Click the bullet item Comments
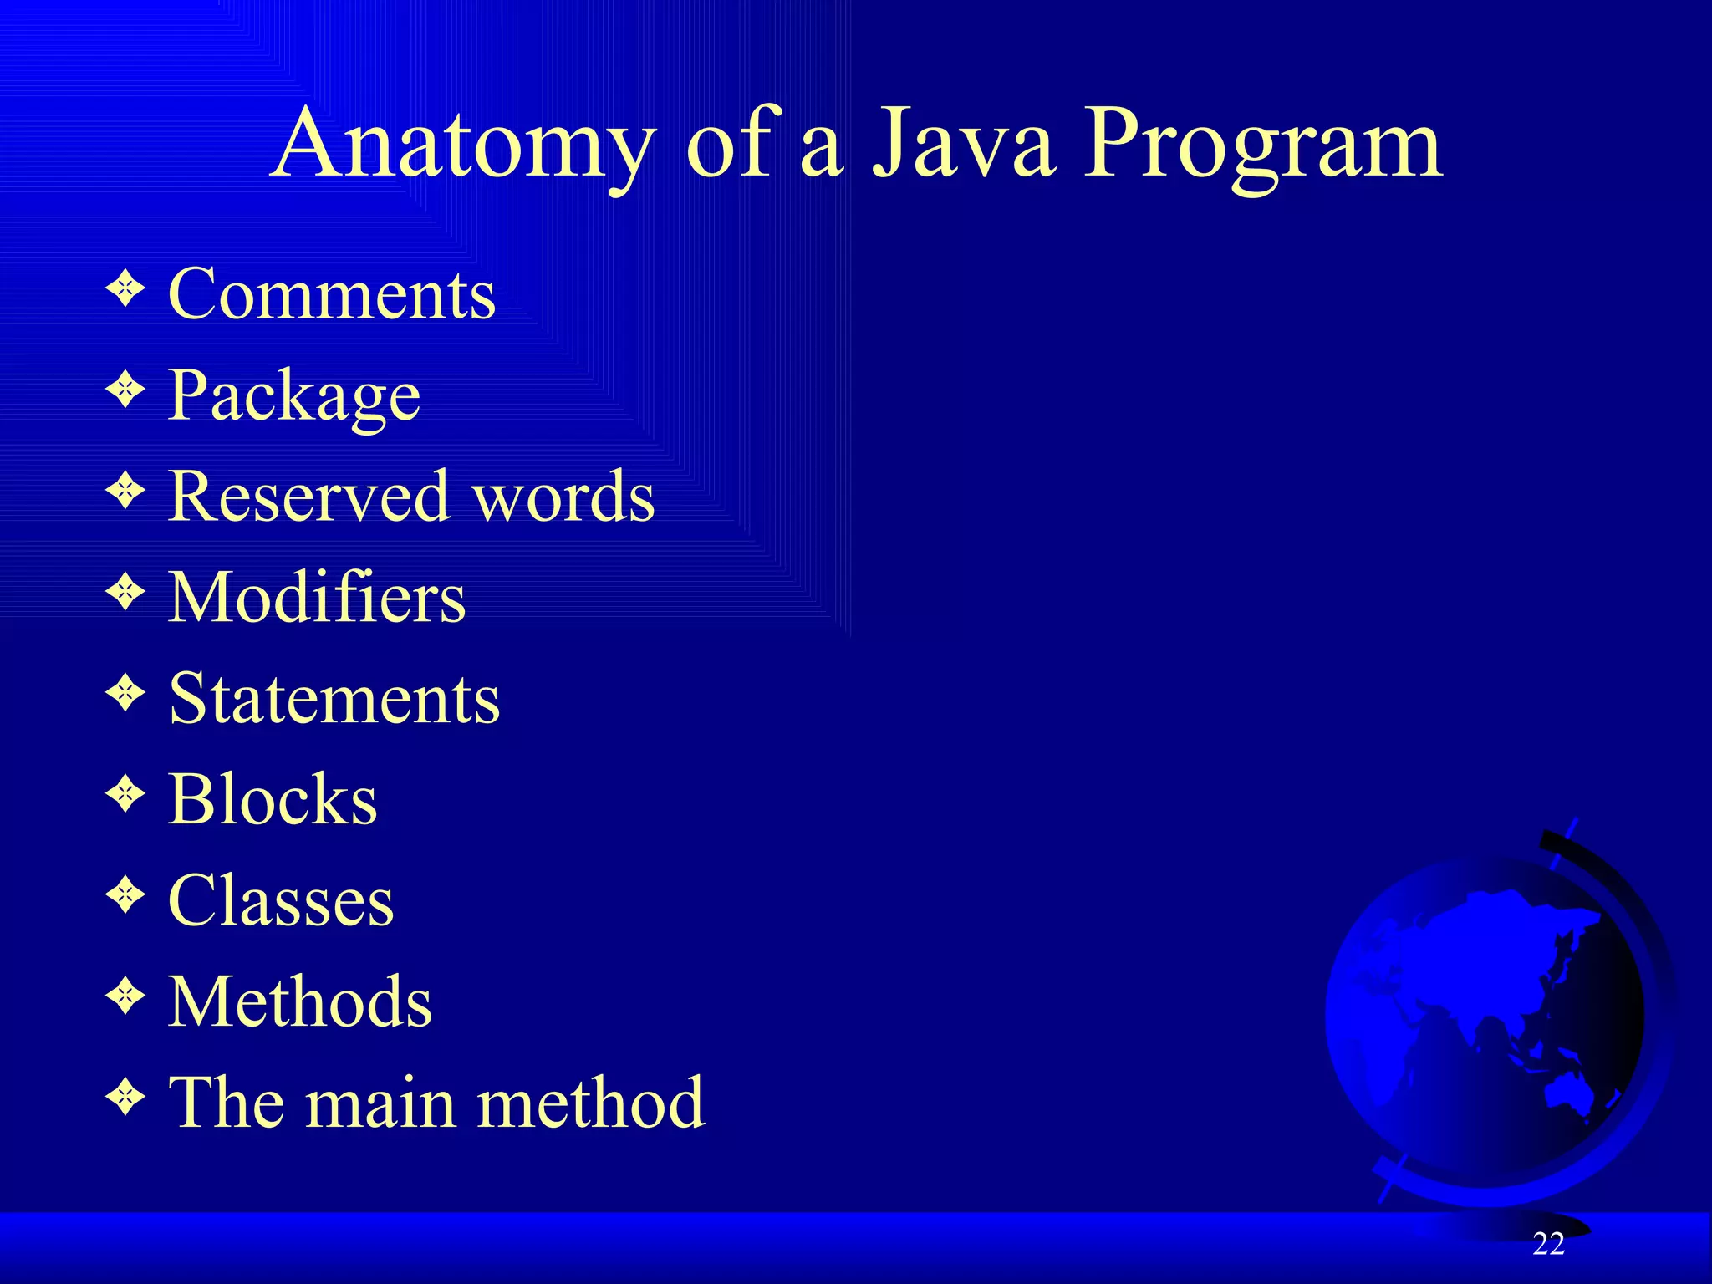tap(332, 294)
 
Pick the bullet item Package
tap(294, 397)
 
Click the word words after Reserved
tap(563, 497)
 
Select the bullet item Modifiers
tap(317, 598)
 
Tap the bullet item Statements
tap(334, 699)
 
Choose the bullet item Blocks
tap(273, 799)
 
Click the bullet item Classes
tap(281, 901)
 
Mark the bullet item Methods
tap(300, 1001)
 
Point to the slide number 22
tap(1548, 1245)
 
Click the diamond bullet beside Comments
tap(125, 289)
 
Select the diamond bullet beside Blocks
tap(125, 794)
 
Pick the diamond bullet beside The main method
tap(125, 1097)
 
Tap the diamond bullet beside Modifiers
tap(125, 593)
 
